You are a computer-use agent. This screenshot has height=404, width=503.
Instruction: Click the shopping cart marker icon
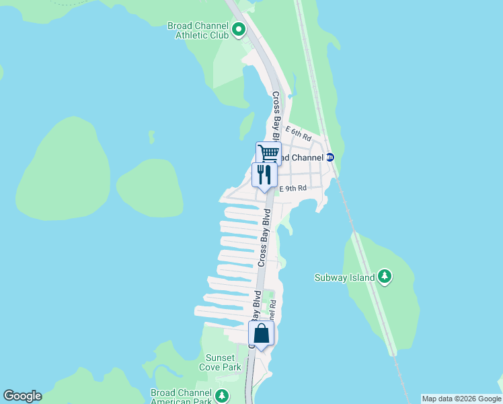click(268, 153)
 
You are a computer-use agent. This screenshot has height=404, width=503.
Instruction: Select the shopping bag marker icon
click(261, 333)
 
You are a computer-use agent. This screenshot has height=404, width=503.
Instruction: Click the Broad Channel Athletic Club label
click(198, 30)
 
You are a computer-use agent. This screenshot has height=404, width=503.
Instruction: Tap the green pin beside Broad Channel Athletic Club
click(238, 29)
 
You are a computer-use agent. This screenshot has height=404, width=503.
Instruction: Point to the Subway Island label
click(345, 277)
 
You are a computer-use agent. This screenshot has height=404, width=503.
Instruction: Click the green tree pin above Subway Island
click(384, 276)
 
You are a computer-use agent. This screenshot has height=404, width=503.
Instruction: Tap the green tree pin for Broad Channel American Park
click(222, 395)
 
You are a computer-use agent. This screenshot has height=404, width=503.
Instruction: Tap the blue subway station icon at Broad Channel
click(330, 158)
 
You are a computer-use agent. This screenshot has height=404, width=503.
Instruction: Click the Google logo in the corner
click(22, 396)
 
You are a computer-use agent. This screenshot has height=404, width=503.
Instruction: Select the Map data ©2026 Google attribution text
click(461, 399)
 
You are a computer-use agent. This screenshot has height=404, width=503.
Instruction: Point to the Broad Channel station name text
click(302, 158)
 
